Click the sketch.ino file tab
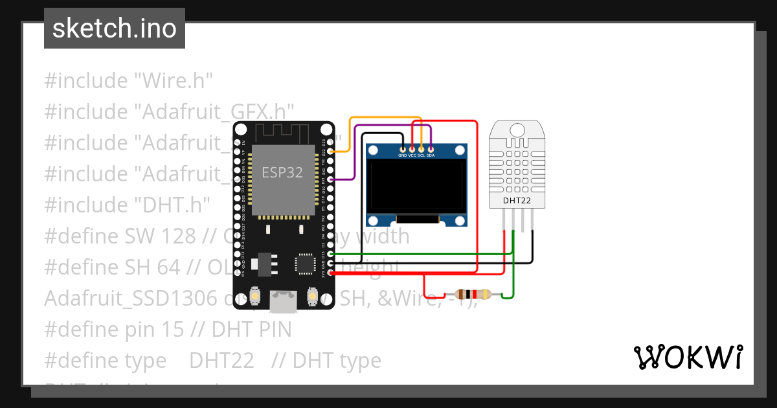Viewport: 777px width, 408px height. click(x=115, y=28)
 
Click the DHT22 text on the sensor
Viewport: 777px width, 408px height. click(x=517, y=201)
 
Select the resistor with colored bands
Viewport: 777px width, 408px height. click(x=473, y=294)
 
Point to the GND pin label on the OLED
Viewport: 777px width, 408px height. click(x=402, y=155)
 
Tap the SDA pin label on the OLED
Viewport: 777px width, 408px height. click(x=431, y=155)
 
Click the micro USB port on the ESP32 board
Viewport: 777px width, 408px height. click(x=284, y=300)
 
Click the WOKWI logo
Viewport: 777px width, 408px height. click(x=688, y=357)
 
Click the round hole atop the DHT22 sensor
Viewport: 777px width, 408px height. click(x=517, y=129)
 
